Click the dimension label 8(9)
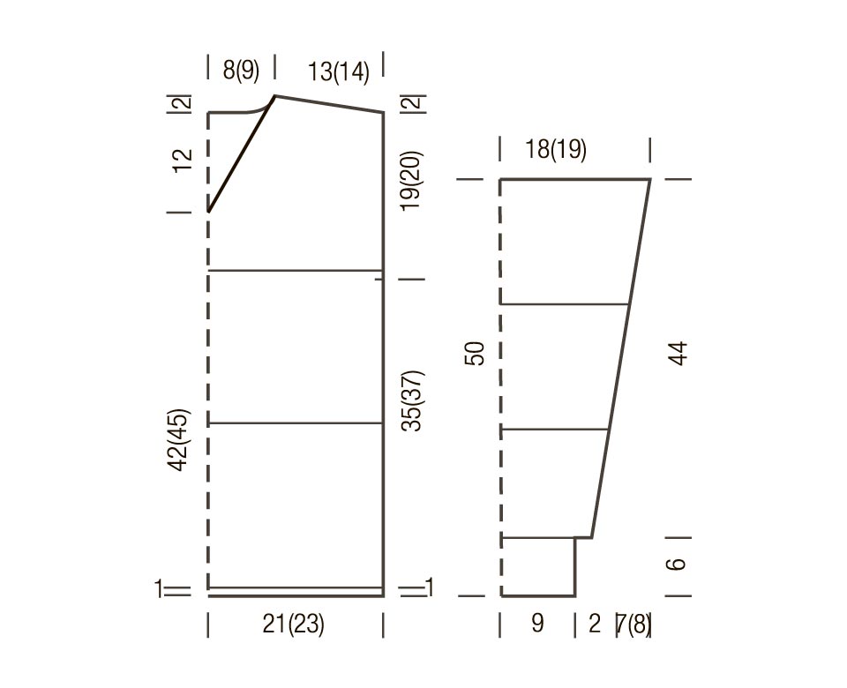(x=241, y=71)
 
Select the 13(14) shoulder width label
(x=339, y=72)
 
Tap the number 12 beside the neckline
(x=183, y=161)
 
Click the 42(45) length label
(x=180, y=440)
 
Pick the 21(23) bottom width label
(x=293, y=624)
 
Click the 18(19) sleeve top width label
(x=556, y=149)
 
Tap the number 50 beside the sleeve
(x=475, y=354)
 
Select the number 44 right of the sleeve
(x=679, y=354)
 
